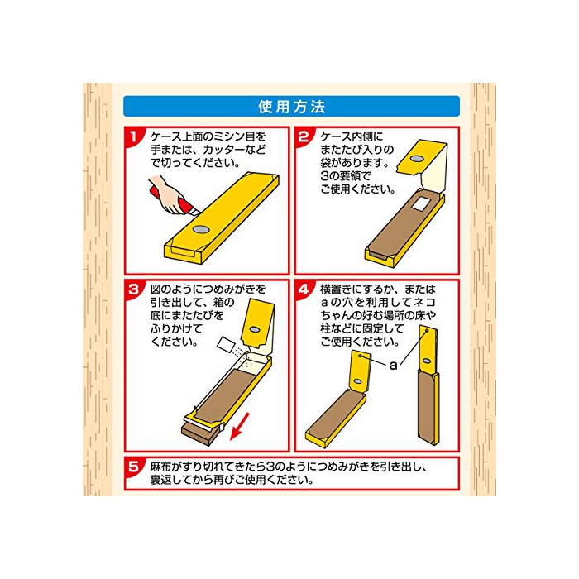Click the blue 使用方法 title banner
[x=291, y=107]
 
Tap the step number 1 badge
[x=134, y=136]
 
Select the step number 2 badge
[x=304, y=136]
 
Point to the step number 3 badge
[x=134, y=289]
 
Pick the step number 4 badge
[x=304, y=289]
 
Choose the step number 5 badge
[x=134, y=467]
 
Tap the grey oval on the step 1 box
[x=201, y=230]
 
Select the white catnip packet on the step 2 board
[x=419, y=203]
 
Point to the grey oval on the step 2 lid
[x=418, y=159]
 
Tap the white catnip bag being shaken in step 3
[x=225, y=345]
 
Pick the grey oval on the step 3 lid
[x=254, y=328]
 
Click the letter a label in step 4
[x=393, y=366]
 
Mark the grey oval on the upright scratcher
[x=427, y=361]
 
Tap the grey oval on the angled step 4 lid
[x=357, y=381]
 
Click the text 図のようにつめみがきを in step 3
[x=208, y=289]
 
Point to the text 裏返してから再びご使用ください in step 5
[x=232, y=480]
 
